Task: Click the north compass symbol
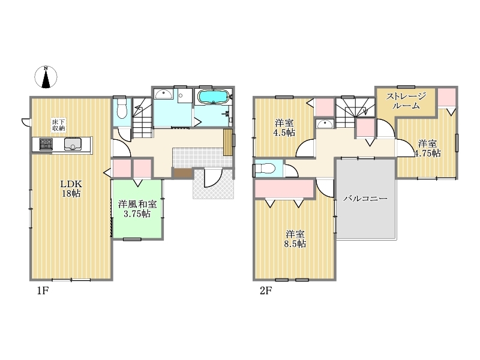46,77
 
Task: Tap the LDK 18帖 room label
71,188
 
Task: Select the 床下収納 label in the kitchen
58,125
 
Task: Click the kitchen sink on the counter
73,144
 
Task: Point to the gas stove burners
46,144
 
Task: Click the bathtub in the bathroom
213,97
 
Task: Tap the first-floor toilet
122,109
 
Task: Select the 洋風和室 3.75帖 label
137,209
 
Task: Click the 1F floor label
43,290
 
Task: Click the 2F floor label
266,290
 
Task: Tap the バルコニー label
365,199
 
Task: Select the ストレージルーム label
406,101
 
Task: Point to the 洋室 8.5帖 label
295,239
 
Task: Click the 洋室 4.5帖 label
284,128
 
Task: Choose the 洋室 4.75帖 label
428,148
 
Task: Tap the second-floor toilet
264,169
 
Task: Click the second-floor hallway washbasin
325,124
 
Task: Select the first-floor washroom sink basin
163,94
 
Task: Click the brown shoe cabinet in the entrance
183,173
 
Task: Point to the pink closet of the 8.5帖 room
284,188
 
